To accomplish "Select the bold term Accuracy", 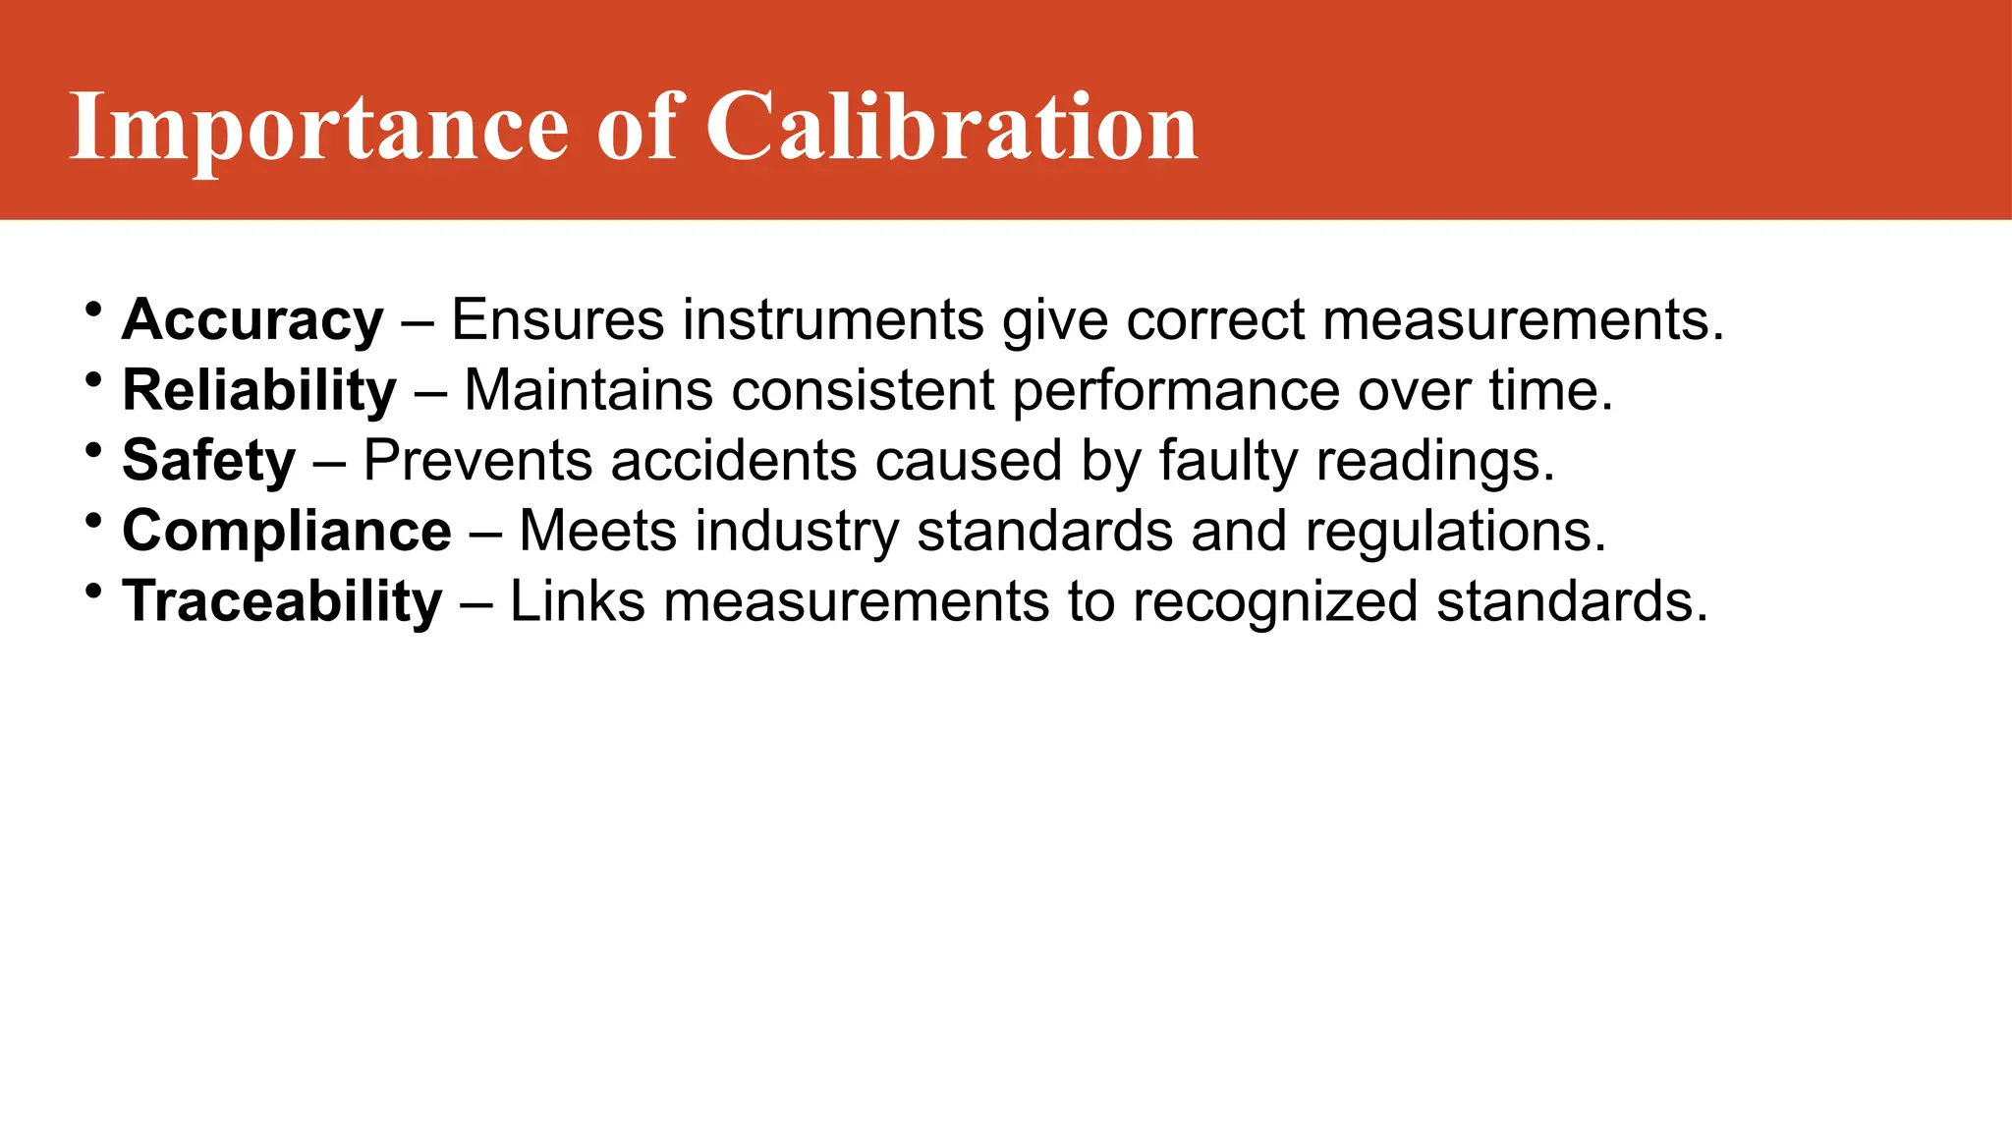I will [x=252, y=320].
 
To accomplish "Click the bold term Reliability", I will [x=259, y=391].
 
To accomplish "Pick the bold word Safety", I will [x=208, y=461].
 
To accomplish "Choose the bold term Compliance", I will [x=287, y=532].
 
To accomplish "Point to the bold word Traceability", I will [x=282, y=601].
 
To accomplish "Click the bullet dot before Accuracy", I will [x=93, y=310].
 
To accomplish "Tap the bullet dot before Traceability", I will [x=93, y=591].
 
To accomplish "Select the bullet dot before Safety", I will [x=93, y=450].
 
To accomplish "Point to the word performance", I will [x=1176, y=391].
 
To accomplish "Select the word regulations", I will [x=1455, y=532].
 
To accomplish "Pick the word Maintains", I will [x=588, y=391].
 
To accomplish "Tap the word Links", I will [x=578, y=601].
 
